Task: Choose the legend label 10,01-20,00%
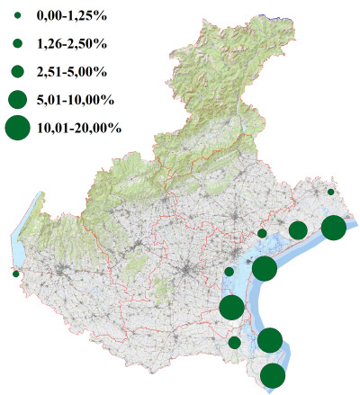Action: point(78,128)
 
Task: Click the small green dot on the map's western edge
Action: point(15,274)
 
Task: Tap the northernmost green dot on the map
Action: point(331,192)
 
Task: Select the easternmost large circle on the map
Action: point(333,228)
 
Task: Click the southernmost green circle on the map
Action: point(273,376)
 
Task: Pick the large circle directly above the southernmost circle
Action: point(270,340)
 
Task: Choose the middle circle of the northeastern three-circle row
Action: point(297,230)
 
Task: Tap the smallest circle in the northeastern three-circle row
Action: point(262,234)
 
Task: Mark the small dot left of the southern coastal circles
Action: point(234,342)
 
